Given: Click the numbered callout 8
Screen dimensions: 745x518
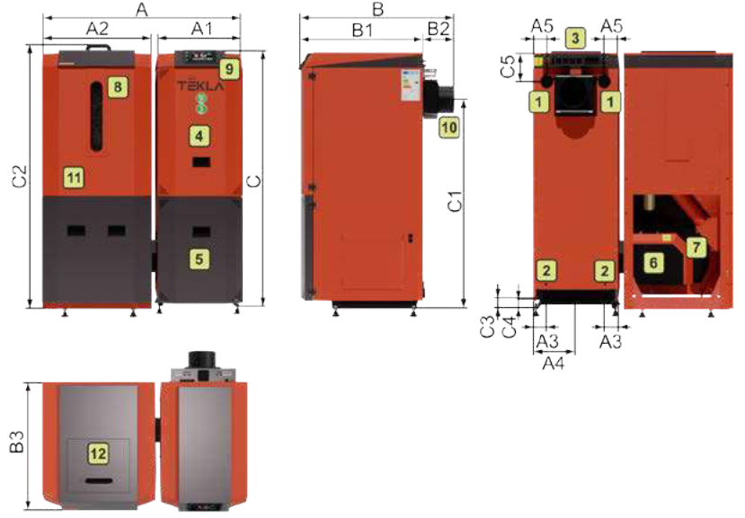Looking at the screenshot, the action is tap(118, 86).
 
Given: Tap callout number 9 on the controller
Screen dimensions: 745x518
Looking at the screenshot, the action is tap(229, 69).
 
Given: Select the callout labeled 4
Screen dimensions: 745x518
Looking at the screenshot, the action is tap(200, 136).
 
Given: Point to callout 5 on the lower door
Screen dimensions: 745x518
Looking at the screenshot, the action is tap(200, 259).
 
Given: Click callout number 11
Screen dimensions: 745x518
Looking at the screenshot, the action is tap(74, 178).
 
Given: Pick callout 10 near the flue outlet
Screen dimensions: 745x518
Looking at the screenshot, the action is tap(449, 127).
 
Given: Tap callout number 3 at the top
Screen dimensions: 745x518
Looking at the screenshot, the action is tap(575, 38).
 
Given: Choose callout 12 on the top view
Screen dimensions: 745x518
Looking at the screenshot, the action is tap(98, 453).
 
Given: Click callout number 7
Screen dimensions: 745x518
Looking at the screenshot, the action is tap(696, 247).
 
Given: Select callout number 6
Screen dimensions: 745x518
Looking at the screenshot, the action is tap(653, 262).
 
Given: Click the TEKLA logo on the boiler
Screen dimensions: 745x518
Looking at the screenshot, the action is tap(200, 86).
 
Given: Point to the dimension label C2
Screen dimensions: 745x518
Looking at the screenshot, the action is tap(20, 176).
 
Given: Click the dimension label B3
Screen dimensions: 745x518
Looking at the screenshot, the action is tap(17, 442).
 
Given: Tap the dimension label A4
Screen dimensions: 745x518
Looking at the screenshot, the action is tap(554, 364).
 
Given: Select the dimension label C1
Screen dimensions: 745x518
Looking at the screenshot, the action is tap(455, 201).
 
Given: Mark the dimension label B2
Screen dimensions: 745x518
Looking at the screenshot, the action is tap(438, 29).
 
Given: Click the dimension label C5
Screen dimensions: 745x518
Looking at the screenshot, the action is tap(509, 66).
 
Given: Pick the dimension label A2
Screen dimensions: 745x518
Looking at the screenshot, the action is tap(97, 29).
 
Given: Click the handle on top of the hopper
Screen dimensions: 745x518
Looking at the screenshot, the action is tap(98, 47).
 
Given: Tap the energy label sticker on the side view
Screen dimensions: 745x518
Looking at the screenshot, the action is tap(411, 85).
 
